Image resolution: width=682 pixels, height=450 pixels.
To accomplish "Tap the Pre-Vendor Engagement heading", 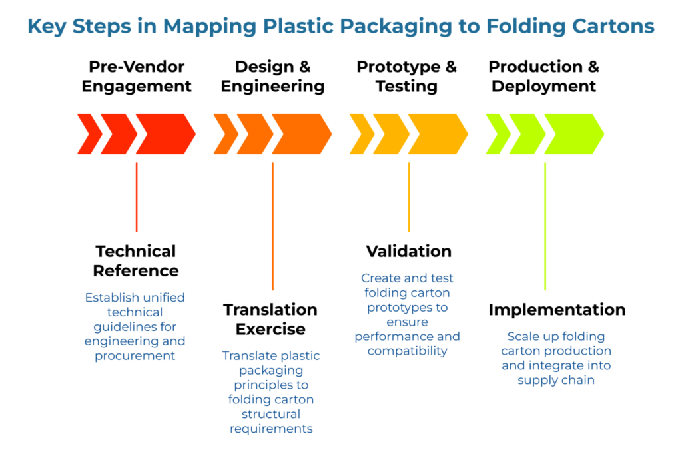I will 137,77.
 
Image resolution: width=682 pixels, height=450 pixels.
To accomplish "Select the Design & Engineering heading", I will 272,77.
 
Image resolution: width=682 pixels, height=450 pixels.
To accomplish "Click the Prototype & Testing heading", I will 406,77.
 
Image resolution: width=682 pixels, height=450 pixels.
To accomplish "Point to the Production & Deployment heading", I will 544,77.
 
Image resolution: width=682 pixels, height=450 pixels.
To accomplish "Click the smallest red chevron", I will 89,134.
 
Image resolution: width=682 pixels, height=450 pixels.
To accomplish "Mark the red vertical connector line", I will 137,197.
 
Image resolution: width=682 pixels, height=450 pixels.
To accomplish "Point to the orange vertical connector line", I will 272,226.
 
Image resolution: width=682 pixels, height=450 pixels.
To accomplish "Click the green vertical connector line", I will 545,226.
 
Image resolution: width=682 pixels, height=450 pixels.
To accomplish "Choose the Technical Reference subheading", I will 136,261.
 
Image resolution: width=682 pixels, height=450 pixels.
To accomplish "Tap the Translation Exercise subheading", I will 270,320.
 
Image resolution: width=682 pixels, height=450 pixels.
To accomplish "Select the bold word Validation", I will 408,252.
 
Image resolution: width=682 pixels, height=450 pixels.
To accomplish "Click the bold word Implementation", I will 557,310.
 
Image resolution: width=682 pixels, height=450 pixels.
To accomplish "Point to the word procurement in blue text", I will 135,355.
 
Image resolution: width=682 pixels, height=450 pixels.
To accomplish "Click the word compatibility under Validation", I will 407,351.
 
